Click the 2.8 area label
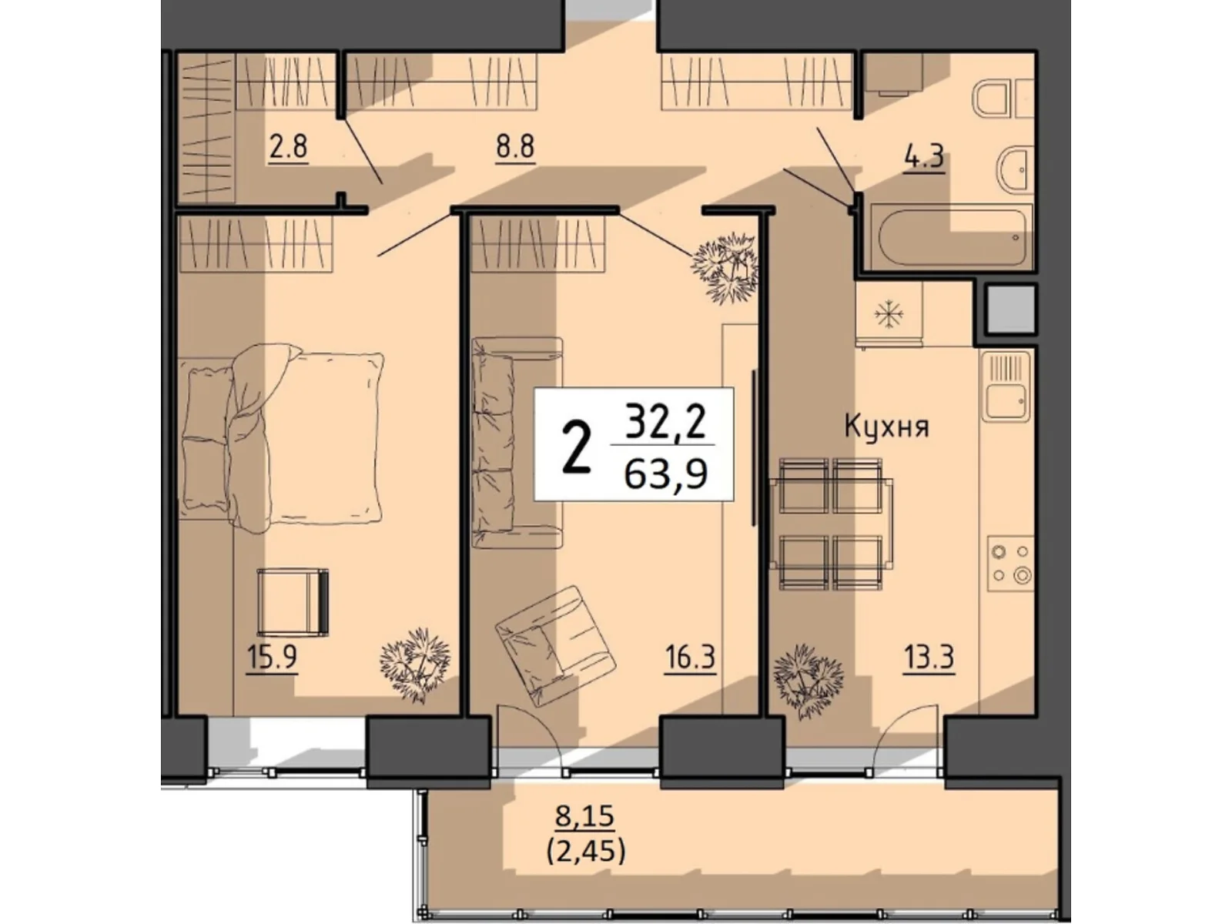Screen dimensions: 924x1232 (x=288, y=146)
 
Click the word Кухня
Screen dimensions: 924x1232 (x=886, y=426)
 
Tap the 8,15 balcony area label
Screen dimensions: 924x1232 (x=585, y=816)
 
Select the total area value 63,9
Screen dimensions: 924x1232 (x=665, y=475)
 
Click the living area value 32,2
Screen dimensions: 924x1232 (x=665, y=423)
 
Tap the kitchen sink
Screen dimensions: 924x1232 (x=1006, y=387)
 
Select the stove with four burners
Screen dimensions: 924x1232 (x=1010, y=563)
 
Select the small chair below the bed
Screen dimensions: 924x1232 (x=292, y=602)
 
